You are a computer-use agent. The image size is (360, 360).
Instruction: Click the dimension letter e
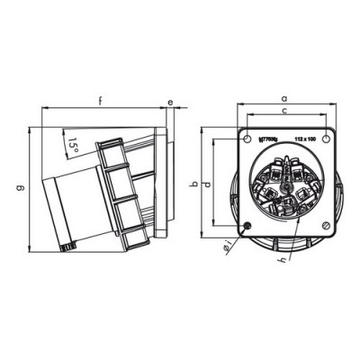click(x=169, y=103)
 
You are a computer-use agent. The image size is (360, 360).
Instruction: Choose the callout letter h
click(x=283, y=260)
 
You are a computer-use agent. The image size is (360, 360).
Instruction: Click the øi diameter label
click(x=228, y=245)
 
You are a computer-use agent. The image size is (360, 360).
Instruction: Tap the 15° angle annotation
click(x=73, y=142)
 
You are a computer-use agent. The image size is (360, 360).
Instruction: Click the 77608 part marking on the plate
click(x=268, y=139)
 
